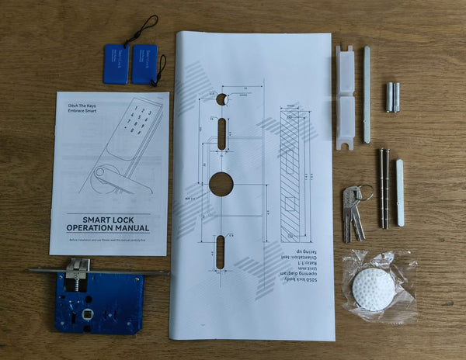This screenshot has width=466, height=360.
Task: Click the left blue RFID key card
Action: point(115,63)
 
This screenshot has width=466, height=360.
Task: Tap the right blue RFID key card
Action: point(144,64)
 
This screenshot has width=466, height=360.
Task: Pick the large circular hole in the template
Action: point(221,184)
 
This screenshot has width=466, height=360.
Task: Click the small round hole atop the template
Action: point(222,99)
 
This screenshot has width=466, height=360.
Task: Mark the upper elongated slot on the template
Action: point(222,133)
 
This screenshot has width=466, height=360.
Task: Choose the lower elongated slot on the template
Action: point(221,251)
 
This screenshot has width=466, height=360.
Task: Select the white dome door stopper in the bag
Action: point(373,289)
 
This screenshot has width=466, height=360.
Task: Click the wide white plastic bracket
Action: point(345,97)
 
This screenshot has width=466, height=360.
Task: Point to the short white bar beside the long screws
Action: point(400,192)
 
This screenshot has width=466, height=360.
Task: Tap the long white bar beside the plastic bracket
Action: point(367,95)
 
